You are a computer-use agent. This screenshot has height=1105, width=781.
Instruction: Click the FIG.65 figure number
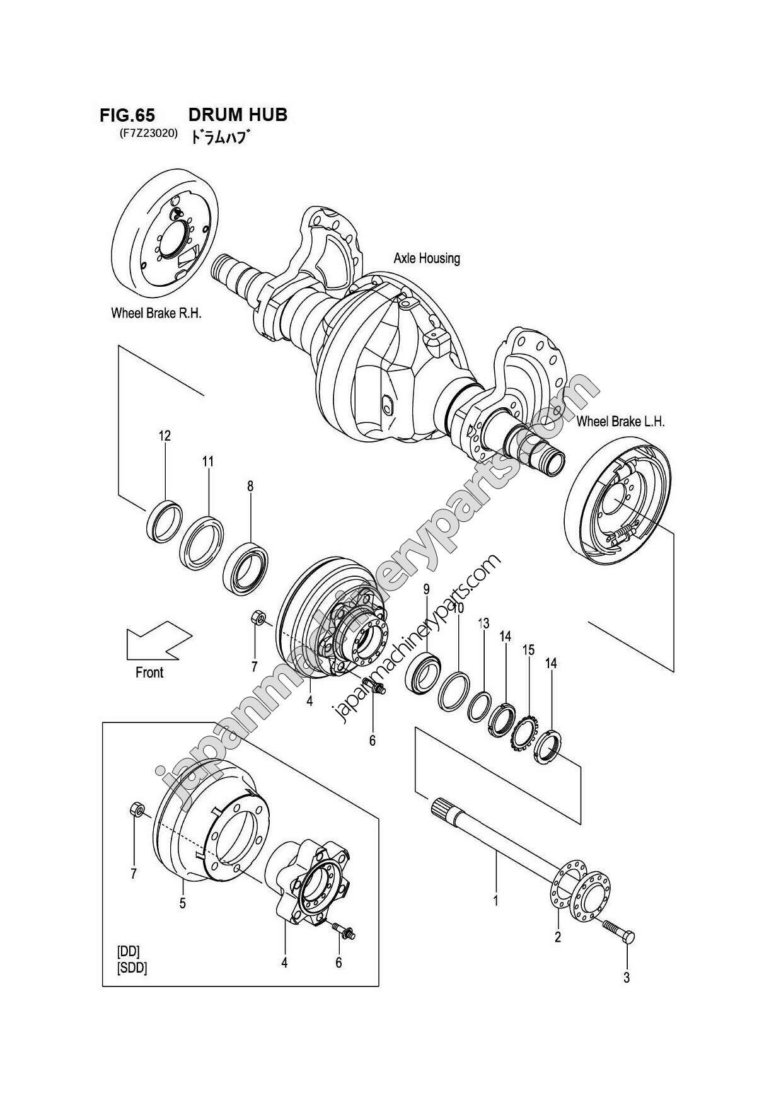pos(127,115)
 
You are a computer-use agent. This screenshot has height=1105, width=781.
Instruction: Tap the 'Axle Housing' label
pos(426,258)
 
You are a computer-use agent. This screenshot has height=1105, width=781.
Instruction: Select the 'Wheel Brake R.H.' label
pos(156,313)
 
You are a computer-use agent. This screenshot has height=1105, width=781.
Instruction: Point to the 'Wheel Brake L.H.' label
pos(620,422)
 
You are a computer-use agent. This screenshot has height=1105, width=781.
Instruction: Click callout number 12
pos(165,436)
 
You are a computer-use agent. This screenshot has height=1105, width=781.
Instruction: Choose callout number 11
pos(208,461)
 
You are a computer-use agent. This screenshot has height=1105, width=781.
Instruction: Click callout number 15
pos(528,649)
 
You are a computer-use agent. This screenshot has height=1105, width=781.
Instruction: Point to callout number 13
pos(483,623)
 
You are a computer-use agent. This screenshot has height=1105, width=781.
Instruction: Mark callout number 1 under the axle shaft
pos(495,901)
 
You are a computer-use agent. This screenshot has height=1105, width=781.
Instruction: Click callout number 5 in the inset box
pos(182,903)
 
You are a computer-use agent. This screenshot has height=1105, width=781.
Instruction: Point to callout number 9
pos(426,589)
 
